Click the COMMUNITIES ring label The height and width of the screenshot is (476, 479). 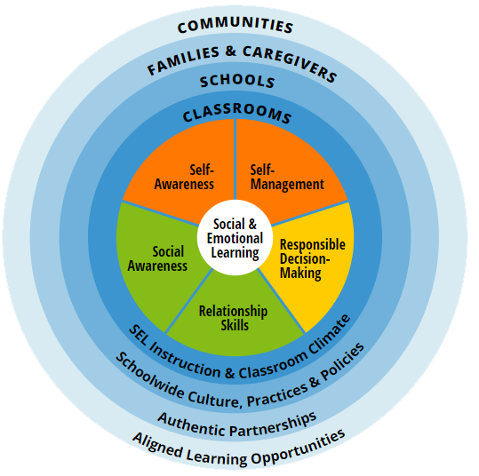[x=236, y=25]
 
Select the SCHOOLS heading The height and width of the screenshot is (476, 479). [x=237, y=81]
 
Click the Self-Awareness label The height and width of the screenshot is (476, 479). [x=184, y=177]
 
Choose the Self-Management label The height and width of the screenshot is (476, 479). [x=287, y=177]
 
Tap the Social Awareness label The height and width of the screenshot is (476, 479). [x=157, y=258]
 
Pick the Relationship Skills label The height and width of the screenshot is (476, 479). [x=234, y=318]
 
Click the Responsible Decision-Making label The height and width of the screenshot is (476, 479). [x=312, y=259]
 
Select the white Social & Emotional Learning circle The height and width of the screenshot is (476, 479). [x=235, y=237]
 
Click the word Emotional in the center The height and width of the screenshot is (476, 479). [x=235, y=239]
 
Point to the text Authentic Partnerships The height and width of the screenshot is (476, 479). [x=237, y=424]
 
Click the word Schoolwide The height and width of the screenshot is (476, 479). [x=149, y=375]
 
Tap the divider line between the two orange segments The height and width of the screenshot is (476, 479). [x=235, y=159]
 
